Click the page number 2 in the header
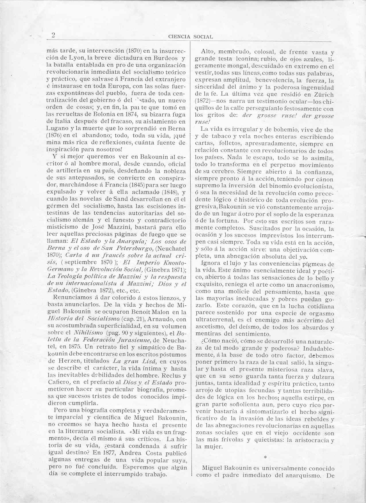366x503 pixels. coord(53,35)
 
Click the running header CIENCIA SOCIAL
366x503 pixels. coord(190,37)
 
